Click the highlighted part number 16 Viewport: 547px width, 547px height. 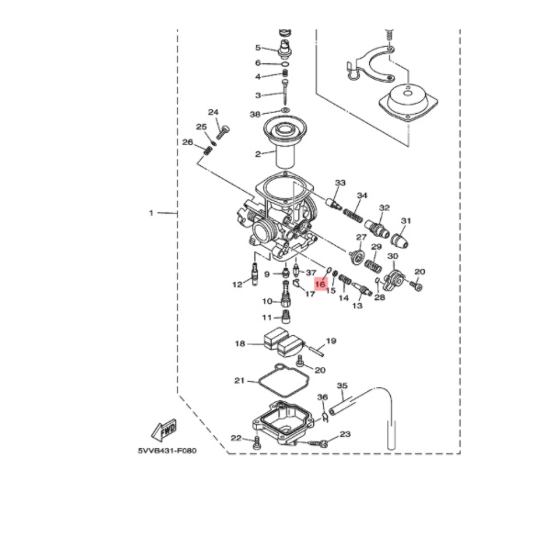pyautogui.click(x=320, y=285)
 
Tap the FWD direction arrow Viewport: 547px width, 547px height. pyautogui.click(x=164, y=430)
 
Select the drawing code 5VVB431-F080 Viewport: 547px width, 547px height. pyautogui.click(x=167, y=451)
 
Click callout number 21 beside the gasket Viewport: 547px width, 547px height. pyautogui.click(x=240, y=380)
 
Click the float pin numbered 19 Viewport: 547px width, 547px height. pyautogui.click(x=316, y=350)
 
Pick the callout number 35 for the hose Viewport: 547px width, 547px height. pyautogui.click(x=342, y=385)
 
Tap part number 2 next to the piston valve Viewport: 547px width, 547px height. pyautogui.click(x=258, y=154)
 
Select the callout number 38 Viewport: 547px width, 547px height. pyautogui.click(x=255, y=114)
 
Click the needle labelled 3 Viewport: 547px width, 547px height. pyautogui.click(x=285, y=92)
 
